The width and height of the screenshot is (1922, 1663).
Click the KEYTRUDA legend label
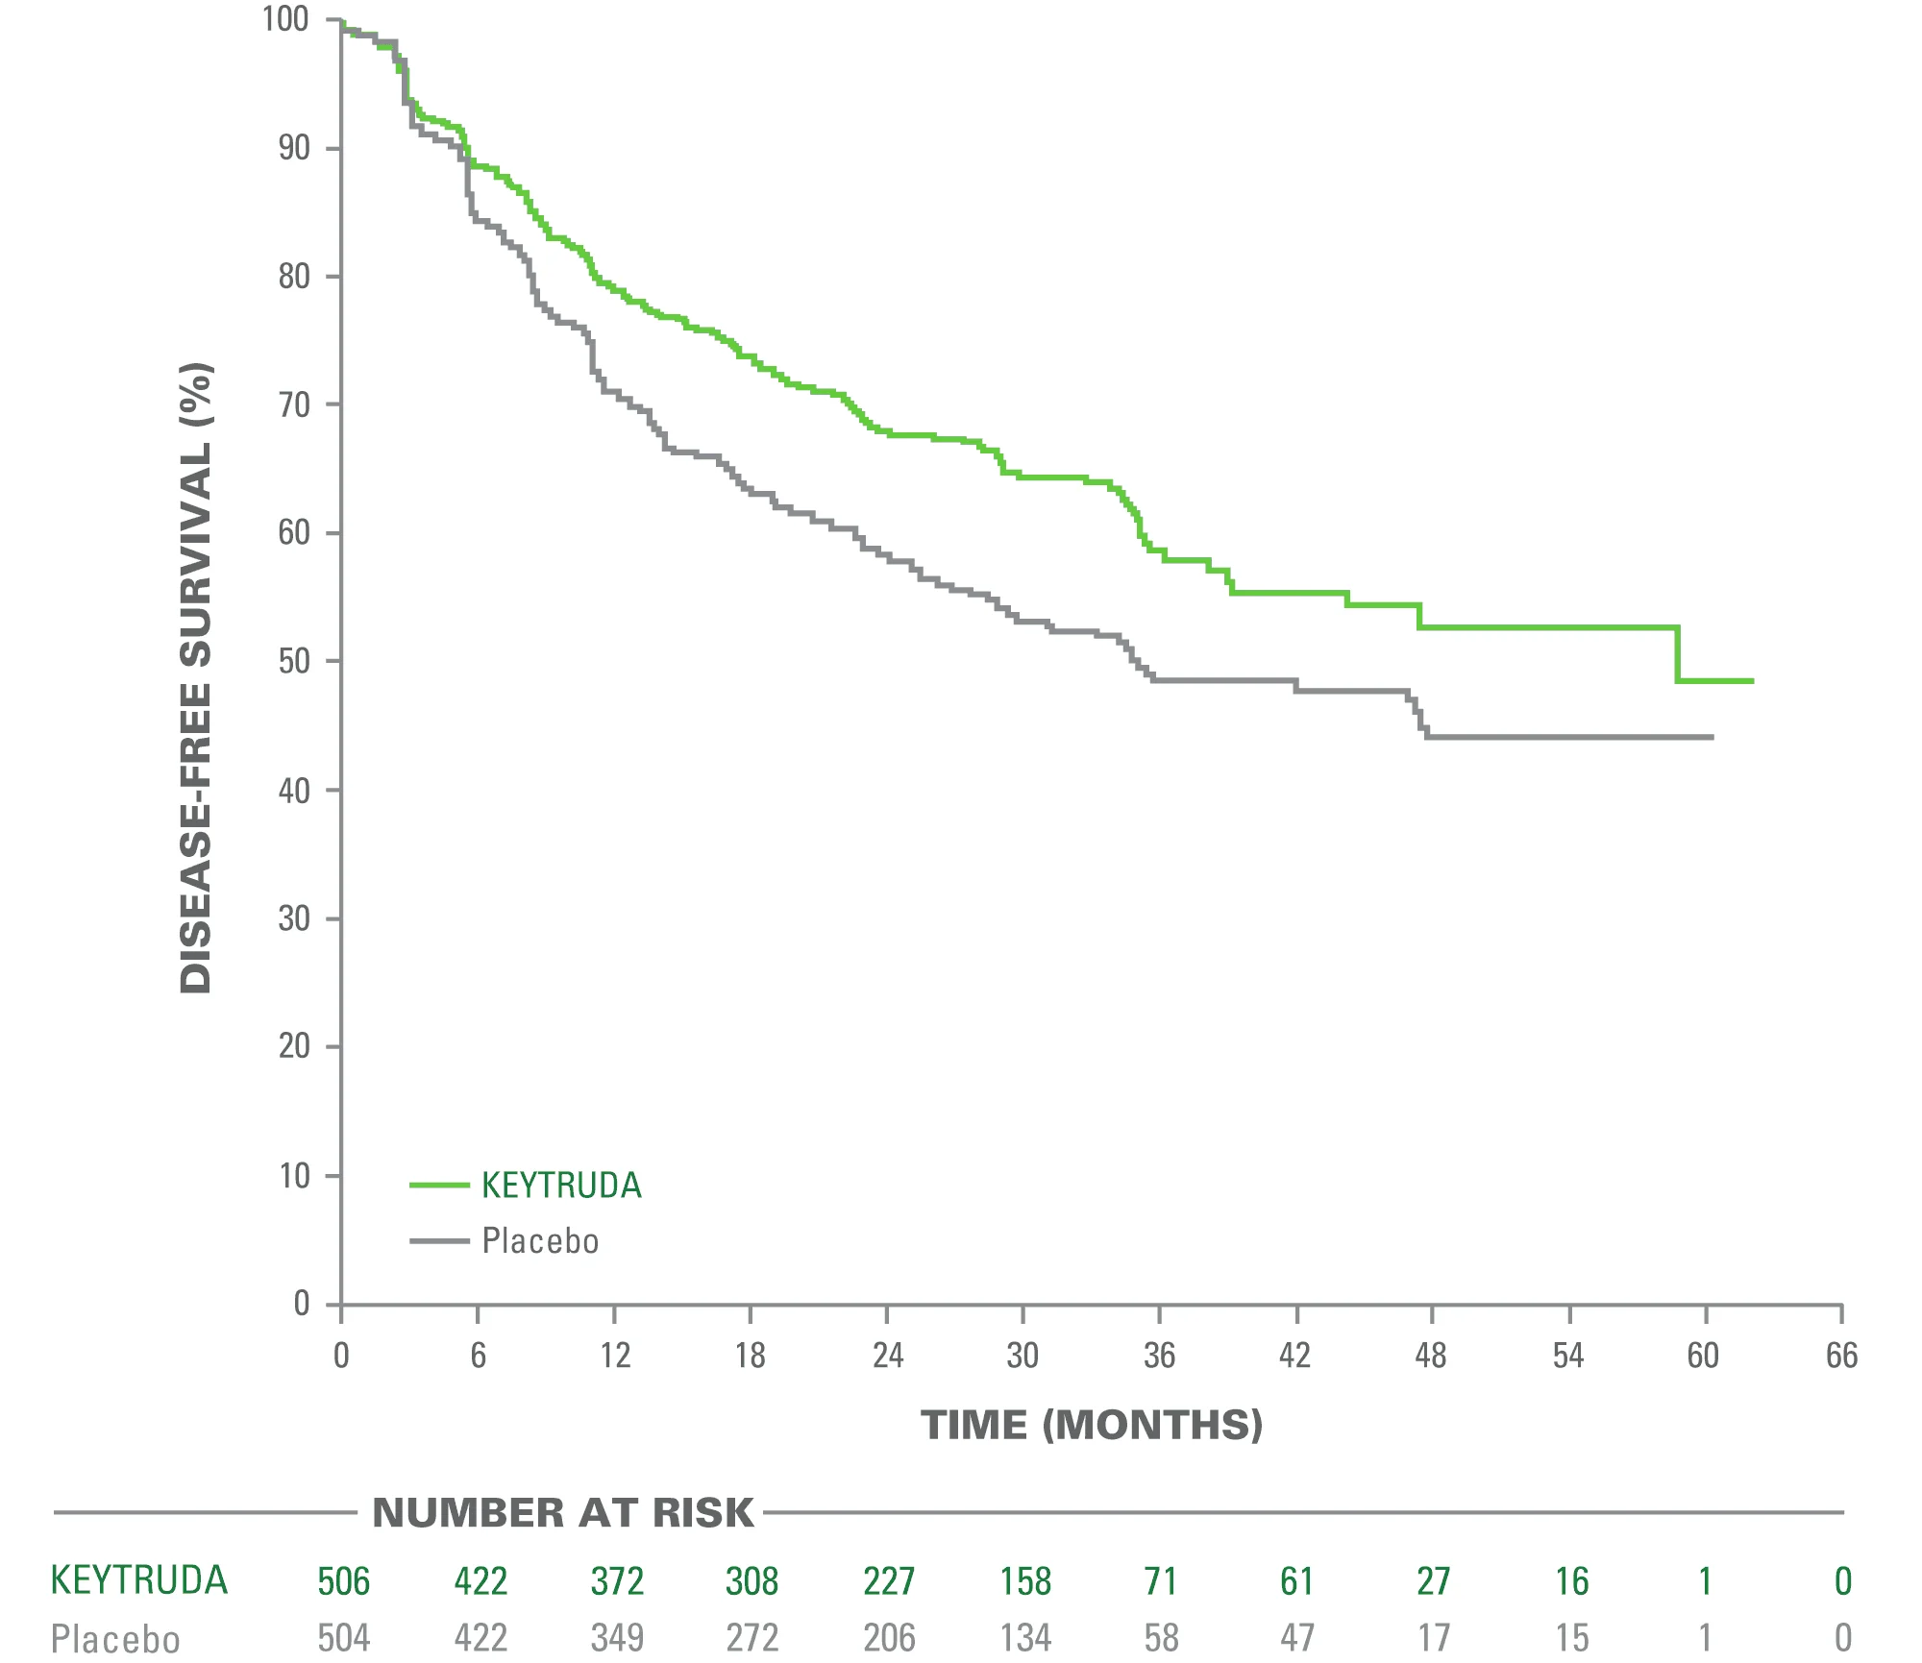(561, 1186)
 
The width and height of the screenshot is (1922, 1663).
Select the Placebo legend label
(540, 1241)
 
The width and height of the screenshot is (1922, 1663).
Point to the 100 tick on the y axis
(285, 19)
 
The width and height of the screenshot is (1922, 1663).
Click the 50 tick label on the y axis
(293, 662)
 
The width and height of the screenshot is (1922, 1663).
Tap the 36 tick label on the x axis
(1159, 1356)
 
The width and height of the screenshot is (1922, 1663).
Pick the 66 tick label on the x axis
(1841, 1356)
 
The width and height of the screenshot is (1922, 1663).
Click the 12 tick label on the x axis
(615, 1356)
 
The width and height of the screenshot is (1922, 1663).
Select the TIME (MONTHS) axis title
(1092, 1425)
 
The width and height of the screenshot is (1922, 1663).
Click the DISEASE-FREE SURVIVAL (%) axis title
(196, 677)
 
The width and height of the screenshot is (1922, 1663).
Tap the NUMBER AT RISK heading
(562, 1513)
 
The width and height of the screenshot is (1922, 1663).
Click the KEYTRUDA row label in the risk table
(139, 1580)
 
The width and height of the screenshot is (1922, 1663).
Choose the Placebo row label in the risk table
(115, 1638)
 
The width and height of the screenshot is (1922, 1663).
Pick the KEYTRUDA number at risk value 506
(343, 1581)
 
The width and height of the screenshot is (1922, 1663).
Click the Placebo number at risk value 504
(343, 1638)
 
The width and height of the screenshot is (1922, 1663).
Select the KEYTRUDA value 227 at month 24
(889, 1581)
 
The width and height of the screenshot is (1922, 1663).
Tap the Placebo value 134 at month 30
(1025, 1638)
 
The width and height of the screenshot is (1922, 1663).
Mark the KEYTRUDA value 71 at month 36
(1161, 1581)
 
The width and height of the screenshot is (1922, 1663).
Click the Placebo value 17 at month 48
(1433, 1638)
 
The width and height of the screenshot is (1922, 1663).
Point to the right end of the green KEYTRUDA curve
(1752, 681)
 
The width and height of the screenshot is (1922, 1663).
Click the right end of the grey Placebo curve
(1713, 737)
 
